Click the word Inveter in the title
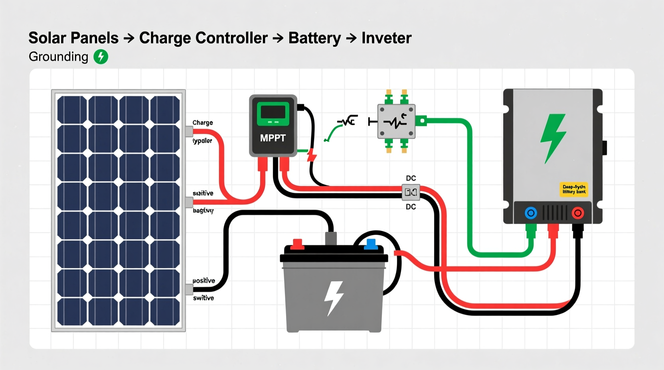click(386, 38)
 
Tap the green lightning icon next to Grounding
click(101, 57)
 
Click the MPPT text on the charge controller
click(273, 138)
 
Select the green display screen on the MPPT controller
click(273, 113)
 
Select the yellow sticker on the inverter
click(574, 189)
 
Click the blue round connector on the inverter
click(531, 213)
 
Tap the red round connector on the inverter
click(577, 213)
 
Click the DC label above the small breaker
click(411, 178)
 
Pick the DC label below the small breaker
click(411, 207)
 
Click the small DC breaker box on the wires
click(411, 193)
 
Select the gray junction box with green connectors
click(396, 121)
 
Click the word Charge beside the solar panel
click(203, 123)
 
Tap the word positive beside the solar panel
click(204, 281)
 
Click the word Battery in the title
click(314, 38)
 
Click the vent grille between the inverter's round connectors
click(554, 213)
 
